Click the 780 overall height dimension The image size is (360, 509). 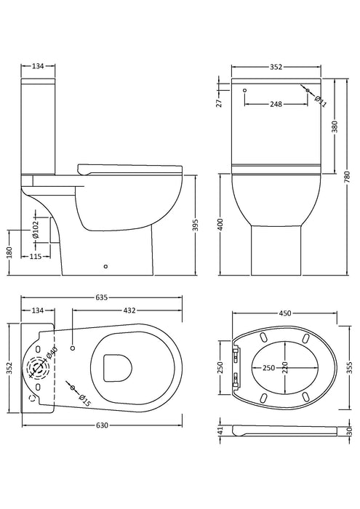pyautogui.click(x=347, y=176)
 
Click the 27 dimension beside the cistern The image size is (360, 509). pyautogui.click(x=218, y=103)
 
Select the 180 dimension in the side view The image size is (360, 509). pyautogui.click(x=8, y=252)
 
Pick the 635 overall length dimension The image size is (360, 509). pyautogui.click(x=100, y=297)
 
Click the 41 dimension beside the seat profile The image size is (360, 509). pyautogui.click(x=220, y=430)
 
